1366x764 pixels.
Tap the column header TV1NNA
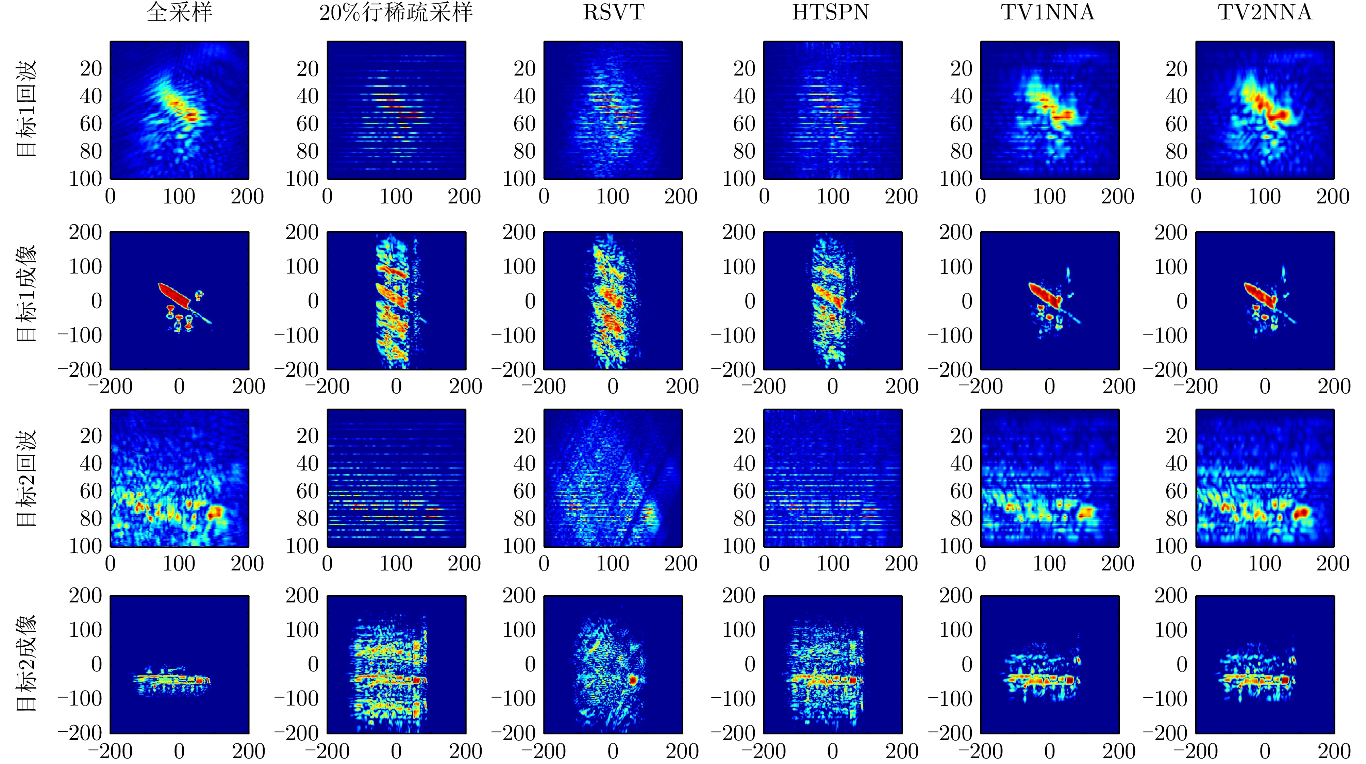pyautogui.click(x=1048, y=13)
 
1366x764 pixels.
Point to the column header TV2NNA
pyautogui.click(x=1265, y=13)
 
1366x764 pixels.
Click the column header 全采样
pyautogui.click(x=179, y=13)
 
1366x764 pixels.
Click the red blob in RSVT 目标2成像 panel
pyautogui.click(x=633, y=680)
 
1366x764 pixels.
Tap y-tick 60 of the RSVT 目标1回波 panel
pyautogui.click(x=524, y=124)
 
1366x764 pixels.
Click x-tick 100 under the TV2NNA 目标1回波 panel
pyautogui.click(x=1265, y=197)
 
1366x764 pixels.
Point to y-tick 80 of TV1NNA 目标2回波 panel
pyautogui.click(x=961, y=518)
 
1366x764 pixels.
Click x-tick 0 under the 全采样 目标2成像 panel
pyautogui.click(x=179, y=751)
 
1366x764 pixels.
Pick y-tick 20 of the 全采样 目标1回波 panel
pyautogui.click(x=91, y=69)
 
